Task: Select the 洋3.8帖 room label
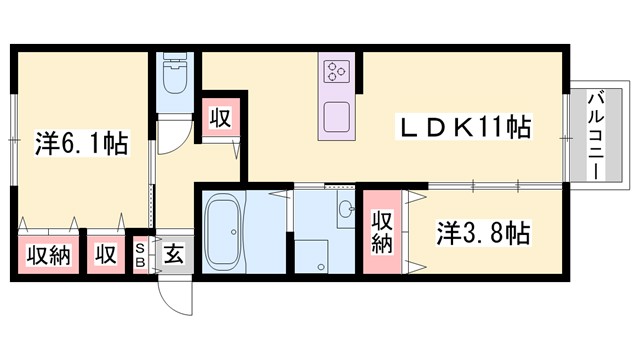tap(483, 234)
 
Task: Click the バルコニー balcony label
tap(594, 134)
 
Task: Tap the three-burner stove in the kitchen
tap(334, 72)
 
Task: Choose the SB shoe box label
tap(141, 254)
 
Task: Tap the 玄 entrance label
tap(173, 254)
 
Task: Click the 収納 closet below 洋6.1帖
tap(47, 254)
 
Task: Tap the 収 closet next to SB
tap(105, 254)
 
